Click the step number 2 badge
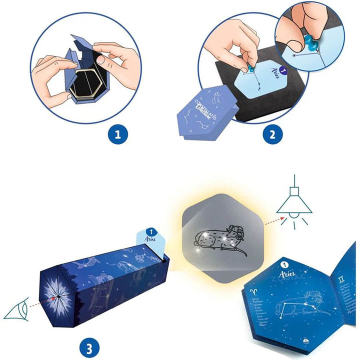pyautogui.click(x=273, y=134)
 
